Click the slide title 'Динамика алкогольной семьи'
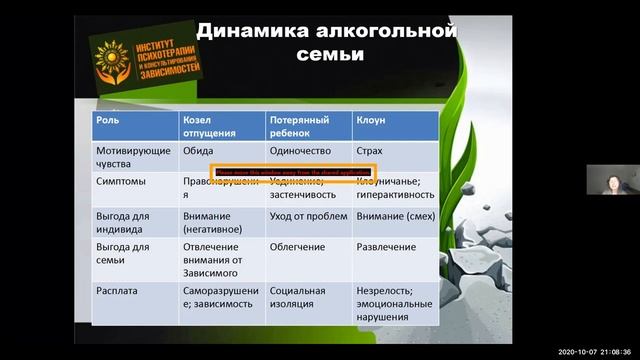click(326, 41)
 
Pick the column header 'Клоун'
click(371, 119)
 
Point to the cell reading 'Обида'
click(198, 151)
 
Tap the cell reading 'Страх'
click(369, 151)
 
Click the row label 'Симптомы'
click(118, 182)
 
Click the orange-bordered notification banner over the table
click(292, 172)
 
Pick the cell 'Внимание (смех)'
click(394, 215)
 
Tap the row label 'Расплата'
click(116, 291)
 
